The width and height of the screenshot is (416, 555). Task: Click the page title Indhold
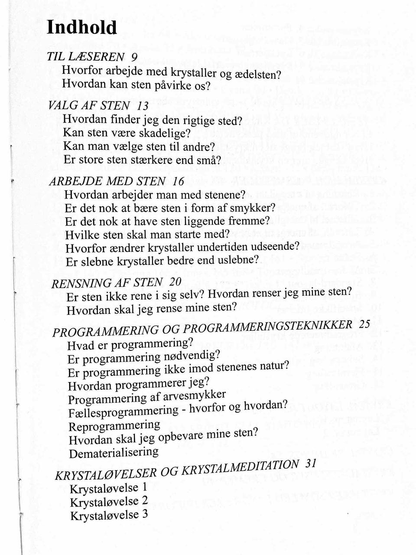pyautogui.click(x=82, y=27)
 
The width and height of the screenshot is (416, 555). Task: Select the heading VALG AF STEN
pyautogui.click(x=89, y=105)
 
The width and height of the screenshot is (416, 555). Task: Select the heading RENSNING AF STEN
pyautogui.click(x=107, y=283)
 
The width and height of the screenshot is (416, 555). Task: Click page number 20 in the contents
pyautogui.click(x=175, y=281)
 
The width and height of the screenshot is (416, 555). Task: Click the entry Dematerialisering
pyautogui.click(x=114, y=453)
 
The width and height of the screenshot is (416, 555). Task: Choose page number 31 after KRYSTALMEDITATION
pyautogui.click(x=311, y=463)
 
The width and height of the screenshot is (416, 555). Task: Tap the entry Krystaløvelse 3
pyautogui.click(x=109, y=515)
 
